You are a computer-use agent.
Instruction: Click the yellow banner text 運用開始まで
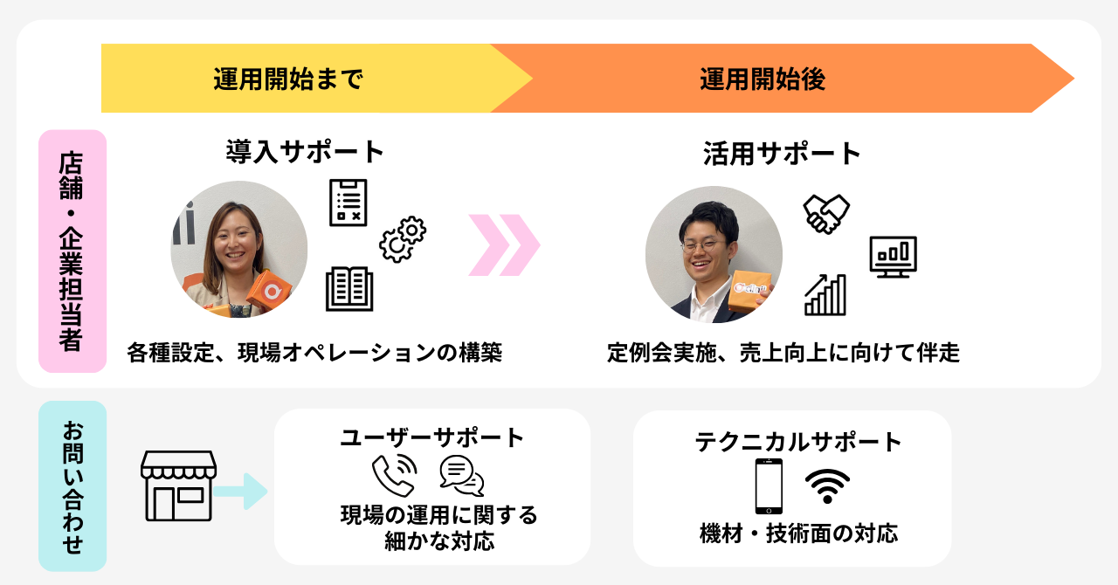[287, 80]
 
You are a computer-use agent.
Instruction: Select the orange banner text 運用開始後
[763, 80]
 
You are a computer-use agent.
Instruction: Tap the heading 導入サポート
[305, 152]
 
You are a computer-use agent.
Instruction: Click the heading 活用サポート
[783, 154]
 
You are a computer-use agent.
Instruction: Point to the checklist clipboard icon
[349, 203]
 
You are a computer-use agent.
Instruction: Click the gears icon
[402, 238]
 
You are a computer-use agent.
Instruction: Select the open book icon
[349, 289]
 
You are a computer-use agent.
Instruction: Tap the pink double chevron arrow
[504, 245]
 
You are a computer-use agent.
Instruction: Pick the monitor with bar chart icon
[893, 257]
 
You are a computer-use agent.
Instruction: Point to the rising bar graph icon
[825, 294]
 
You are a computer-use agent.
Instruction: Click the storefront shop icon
[178, 485]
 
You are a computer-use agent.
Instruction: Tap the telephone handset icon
[393, 476]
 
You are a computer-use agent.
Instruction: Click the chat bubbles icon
[462, 476]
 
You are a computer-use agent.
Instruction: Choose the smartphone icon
[769, 486]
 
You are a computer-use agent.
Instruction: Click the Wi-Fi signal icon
[827, 486]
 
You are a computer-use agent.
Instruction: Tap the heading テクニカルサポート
[798, 442]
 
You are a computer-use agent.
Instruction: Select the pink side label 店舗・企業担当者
[72, 251]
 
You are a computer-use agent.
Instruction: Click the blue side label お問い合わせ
[72, 486]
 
